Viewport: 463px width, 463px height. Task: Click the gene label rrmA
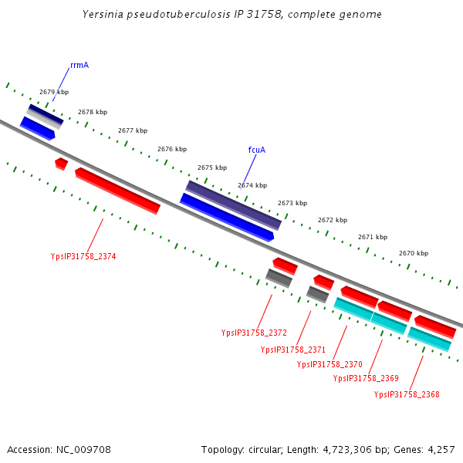(79, 66)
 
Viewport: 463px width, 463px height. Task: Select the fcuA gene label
(257, 150)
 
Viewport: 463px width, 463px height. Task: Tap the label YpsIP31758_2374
(83, 256)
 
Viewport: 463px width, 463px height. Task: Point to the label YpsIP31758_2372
(254, 333)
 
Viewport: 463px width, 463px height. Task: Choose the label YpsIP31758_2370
(330, 364)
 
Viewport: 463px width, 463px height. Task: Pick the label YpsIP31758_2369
(366, 378)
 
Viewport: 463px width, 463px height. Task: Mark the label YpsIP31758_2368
(407, 394)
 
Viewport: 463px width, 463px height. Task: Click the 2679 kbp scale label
(54, 93)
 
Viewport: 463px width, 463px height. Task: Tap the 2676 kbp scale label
(172, 149)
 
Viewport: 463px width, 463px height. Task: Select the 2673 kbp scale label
(292, 203)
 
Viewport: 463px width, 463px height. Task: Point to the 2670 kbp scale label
(414, 253)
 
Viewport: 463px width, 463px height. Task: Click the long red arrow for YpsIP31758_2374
(117, 191)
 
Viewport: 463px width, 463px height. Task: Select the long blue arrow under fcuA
(227, 218)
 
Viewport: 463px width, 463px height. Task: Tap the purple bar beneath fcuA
(234, 205)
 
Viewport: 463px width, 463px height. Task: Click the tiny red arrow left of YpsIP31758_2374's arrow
(61, 164)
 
